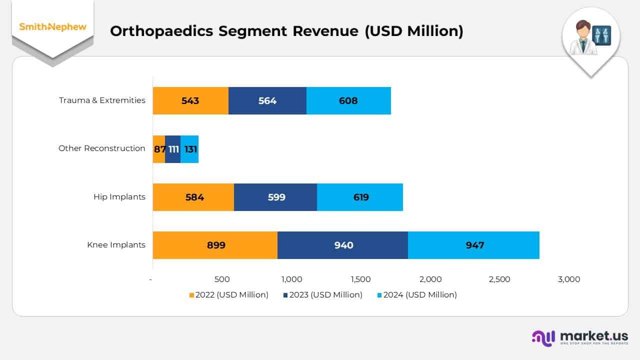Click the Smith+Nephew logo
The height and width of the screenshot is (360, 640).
[52, 27]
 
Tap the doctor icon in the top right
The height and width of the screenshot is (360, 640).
[590, 37]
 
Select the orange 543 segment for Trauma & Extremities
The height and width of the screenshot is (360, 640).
[190, 100]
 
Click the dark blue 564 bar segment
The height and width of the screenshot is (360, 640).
[267, 100]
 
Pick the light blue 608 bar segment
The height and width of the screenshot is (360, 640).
[348, 100]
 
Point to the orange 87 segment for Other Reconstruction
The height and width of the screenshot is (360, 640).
[159, 149]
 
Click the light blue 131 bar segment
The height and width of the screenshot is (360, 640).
[189, 149]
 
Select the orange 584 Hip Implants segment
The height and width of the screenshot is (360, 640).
[193, 197]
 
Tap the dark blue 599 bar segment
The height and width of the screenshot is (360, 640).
[275, 197]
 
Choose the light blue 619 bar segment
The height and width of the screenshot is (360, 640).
[360, 197]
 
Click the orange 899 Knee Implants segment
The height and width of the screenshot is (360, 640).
[215, 245]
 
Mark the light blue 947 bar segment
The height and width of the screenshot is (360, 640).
[473, 245]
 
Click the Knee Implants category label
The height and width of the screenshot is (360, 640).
[116, 245]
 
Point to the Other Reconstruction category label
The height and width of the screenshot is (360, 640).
[102, 148]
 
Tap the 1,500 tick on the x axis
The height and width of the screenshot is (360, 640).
[361, 279]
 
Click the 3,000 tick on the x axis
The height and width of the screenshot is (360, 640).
[569, 279]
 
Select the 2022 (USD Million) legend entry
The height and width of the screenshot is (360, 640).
[228, 295]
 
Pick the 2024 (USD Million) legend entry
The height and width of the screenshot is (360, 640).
[416, 295]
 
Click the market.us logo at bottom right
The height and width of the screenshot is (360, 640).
[580, 337]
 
